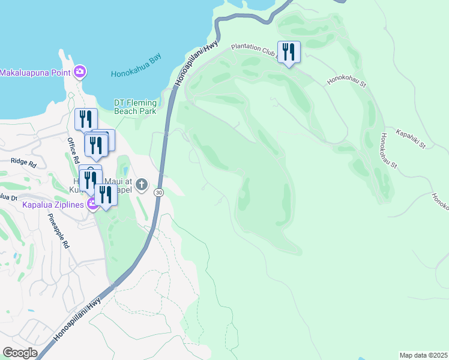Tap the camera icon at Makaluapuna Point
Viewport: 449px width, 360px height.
pos(80,73)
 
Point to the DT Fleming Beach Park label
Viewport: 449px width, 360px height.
pos(135,107)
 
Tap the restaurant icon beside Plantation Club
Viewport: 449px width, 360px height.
pos(289,52)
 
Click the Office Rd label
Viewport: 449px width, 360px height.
pos(73,151)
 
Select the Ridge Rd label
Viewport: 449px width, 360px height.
pos(24,163)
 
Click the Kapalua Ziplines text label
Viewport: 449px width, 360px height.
pos(53,205)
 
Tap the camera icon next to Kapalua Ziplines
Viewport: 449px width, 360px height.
pos(92,205)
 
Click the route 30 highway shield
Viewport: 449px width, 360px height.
pos(158,192)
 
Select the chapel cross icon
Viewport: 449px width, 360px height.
pos(142,184)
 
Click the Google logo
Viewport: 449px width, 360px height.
pos(20,353)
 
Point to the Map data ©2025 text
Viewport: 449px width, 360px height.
pos(423,355)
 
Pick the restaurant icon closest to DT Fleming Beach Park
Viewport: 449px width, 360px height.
pos(86,119)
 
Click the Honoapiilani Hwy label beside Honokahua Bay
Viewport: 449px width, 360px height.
pos(195,64)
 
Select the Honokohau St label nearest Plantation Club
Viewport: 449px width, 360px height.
pos(346,80)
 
